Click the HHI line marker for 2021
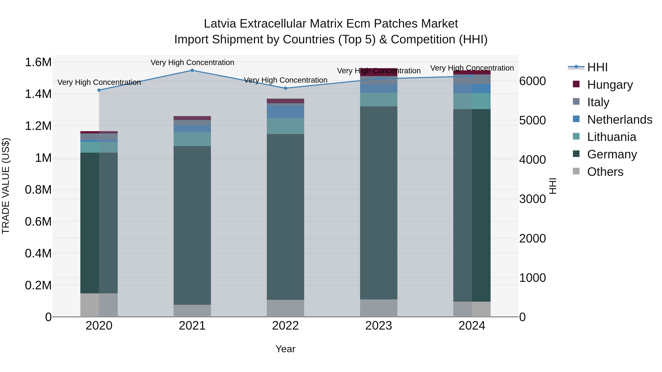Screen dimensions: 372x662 [x=192, y=70]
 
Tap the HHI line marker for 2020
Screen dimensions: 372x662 [x=99, y=90]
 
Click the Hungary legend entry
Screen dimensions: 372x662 [x=610, y=85]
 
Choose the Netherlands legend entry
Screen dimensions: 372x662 [x=620, y=120]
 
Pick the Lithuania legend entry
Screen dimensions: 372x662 [x=612, y=137]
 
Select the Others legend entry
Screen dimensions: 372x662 [x=605, y=172]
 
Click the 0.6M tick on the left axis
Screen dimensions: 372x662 [x=38, y=222]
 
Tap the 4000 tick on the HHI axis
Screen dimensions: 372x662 [x=532, y=160]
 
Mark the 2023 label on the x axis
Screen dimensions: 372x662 [x=379, y=326]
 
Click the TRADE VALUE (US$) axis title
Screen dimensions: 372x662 [x=6, y=186]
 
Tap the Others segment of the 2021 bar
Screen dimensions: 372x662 [x=192, y=311]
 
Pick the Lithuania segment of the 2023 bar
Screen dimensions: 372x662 [x=379, y=100]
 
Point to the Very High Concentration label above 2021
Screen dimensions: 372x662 [x=192, y=62]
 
